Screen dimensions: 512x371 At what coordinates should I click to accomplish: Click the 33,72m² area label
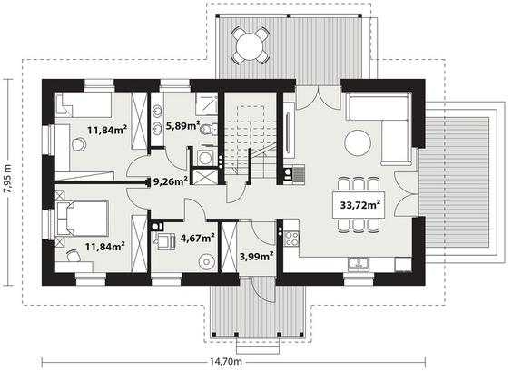tap(360, 205)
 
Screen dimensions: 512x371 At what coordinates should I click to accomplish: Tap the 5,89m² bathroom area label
tap(182, 125)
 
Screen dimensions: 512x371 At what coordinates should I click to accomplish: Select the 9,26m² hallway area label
tap(170, 181)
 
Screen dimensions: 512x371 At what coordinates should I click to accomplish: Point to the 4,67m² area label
tap(197, 238)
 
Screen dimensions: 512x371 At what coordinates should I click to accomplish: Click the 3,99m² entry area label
tap(256, 257)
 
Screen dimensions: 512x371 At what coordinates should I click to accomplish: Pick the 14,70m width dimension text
tap(226, 361)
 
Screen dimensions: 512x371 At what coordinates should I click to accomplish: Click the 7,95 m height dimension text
tap(8, 182)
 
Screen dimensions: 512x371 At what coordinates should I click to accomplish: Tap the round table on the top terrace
tap(251, 45)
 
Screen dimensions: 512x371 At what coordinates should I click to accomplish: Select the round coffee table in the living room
tap(358, 143)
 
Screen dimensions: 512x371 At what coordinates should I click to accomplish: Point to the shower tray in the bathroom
tap(206, 103)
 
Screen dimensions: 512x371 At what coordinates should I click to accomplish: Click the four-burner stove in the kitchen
tap(291, 239)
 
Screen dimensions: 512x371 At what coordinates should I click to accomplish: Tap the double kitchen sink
tap(359, 263)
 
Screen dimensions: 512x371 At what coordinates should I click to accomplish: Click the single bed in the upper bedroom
tap(84, 104)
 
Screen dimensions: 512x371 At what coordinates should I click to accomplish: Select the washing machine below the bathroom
tap(205, 158)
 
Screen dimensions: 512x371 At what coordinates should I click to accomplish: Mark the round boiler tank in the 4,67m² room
tap(206, 261)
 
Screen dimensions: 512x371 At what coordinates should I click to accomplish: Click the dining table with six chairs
tap(359, 205)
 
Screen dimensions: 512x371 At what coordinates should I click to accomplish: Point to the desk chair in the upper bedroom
tap(78, 144)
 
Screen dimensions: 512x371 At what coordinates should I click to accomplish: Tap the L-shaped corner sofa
tap(379, 127)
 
